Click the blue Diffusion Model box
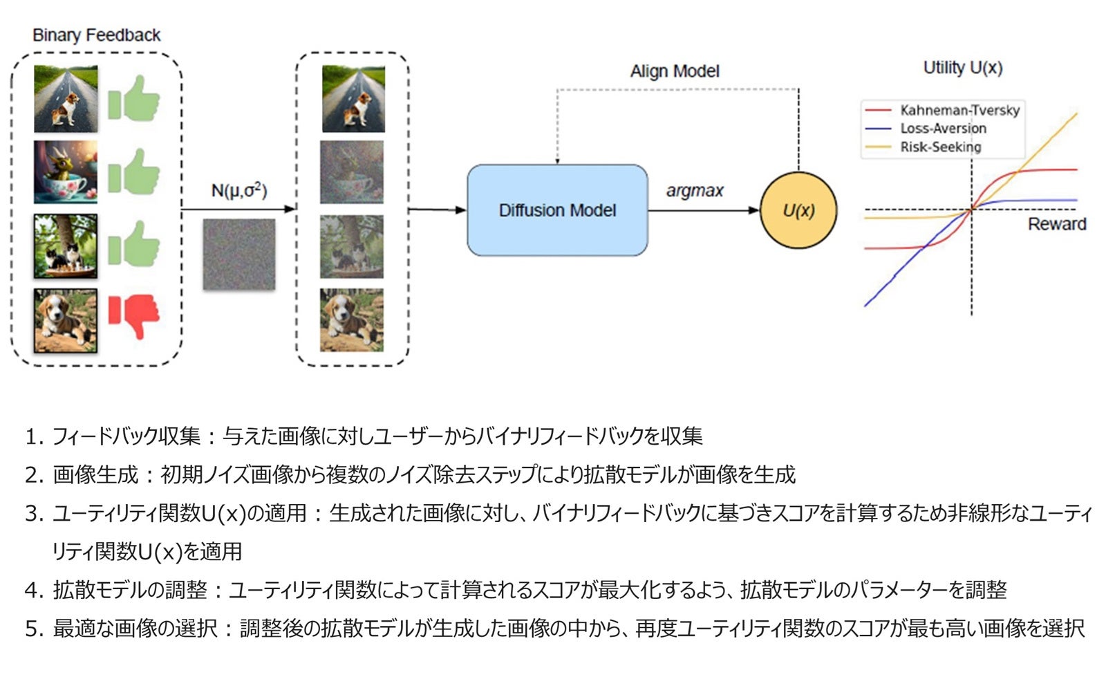coord(557,210)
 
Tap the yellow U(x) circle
coord(798,210)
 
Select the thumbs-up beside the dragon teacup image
coord(133,171)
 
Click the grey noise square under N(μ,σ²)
coord(239,254)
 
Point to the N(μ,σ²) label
coord(239,190)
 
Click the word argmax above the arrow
coord(694,191)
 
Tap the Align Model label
coord(675,71)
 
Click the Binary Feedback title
coord(96,35)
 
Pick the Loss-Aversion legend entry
coord(943,129)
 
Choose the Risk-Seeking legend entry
coord(940,147)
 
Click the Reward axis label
coord(1056,224)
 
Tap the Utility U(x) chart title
coord(962,68)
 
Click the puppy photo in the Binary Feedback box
coord(66,320)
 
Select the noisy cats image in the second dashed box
coord(352,246)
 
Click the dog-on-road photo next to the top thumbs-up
coord(66,99)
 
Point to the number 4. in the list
coord(34,590)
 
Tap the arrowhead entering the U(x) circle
coord(754,210)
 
